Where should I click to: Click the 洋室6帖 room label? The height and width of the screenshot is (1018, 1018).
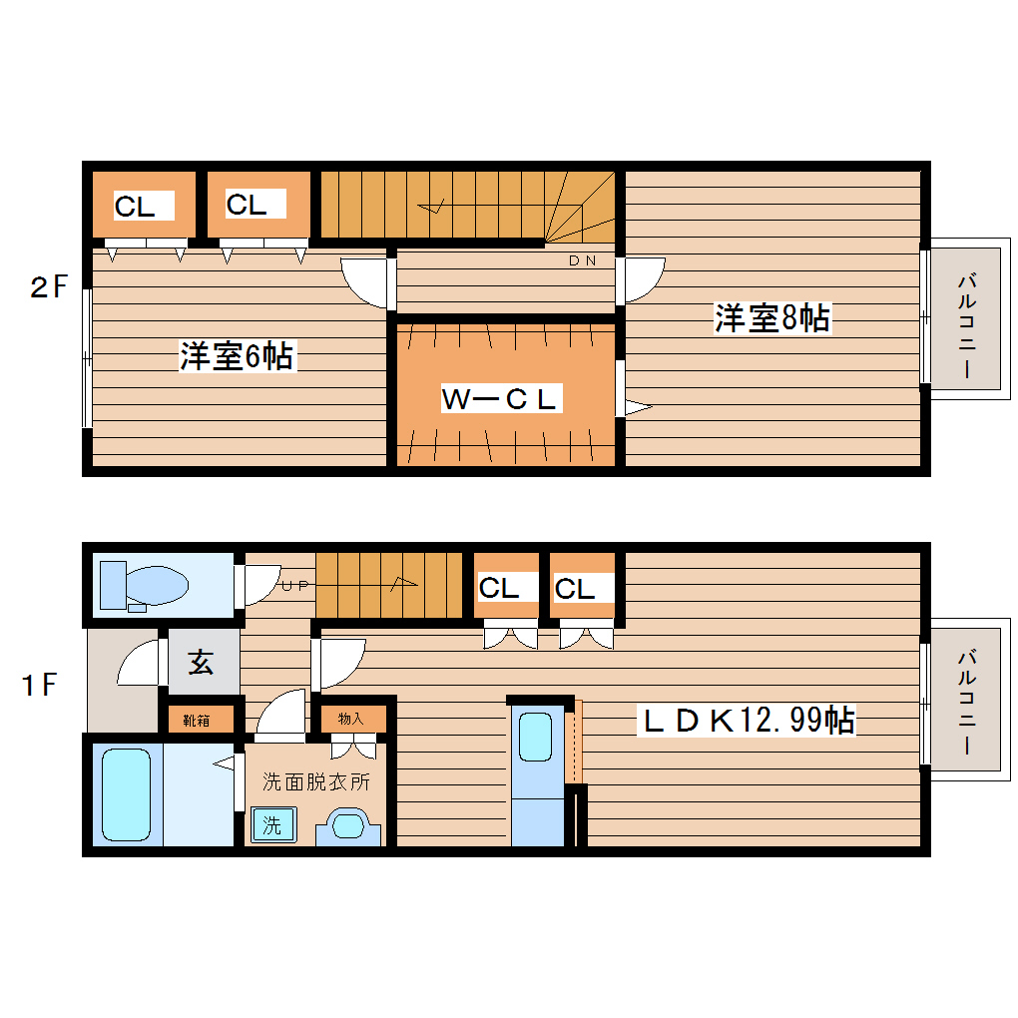point(237,356)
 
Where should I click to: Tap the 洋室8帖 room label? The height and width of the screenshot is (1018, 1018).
point(771,317)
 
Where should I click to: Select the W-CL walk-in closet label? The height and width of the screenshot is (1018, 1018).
point(500,399)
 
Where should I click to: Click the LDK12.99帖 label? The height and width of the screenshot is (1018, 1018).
point(748,719)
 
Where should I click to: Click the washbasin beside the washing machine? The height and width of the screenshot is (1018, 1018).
point(348,827)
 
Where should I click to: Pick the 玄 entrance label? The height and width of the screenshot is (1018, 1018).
point(202,663)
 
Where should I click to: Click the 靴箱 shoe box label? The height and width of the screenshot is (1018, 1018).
point(196,720)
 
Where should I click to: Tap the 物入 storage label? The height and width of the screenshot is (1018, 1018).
point(350,718)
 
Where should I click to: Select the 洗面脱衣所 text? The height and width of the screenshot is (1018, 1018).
point(315,781)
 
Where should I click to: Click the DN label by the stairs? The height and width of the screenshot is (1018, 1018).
point(582,261)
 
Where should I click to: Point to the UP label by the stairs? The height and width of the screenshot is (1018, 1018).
point(294,586)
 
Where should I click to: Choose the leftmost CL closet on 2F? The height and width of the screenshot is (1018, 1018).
point(135,207)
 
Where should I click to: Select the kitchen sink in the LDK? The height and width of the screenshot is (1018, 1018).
point(536,738)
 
